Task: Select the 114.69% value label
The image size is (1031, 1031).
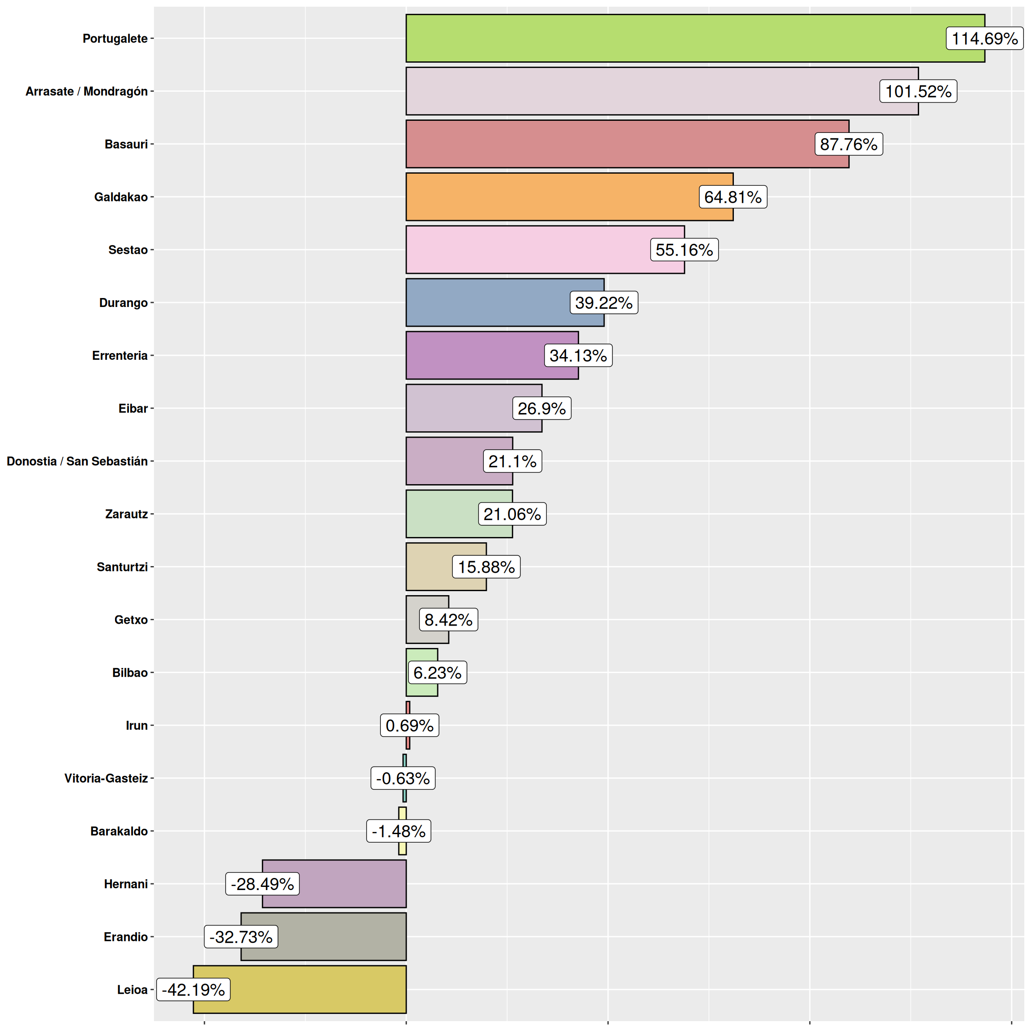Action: pyautogui.click(x=984, y=38)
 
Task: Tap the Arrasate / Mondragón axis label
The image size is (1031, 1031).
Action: pyautogui.click(x=86, y=91)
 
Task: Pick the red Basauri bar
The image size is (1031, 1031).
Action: pyautogui.click(x=609, y=144)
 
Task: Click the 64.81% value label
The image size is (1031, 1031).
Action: pyautogui.click(x=733, y=197)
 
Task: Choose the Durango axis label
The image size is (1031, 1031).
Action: pyautogui.click(x=123, y=302)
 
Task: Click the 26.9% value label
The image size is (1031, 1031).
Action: pyautogui.click(x=541, y=408)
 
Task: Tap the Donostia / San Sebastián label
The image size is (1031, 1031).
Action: pyautogui.click(x=77, y=461)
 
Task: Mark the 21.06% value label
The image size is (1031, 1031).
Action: pyautogui.click(x=512, y=514)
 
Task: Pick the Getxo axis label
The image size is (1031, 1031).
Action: pyautogui.click(x=131, y=620)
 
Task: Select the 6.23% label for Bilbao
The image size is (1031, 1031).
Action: pyautogui.click(x=437, y=673)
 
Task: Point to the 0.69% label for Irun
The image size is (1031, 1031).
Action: pyautogui.click(x=409, y=725)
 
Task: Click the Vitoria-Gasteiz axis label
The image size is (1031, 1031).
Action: pyautogui.click(x=106, y=778)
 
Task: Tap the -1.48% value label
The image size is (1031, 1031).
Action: pyautogui.click(x=399, y=831)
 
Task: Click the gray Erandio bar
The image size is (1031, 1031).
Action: pyautogui.click(x=341, y=937)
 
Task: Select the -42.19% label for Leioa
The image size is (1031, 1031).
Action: pyautogui.click(x=193, y=989)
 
